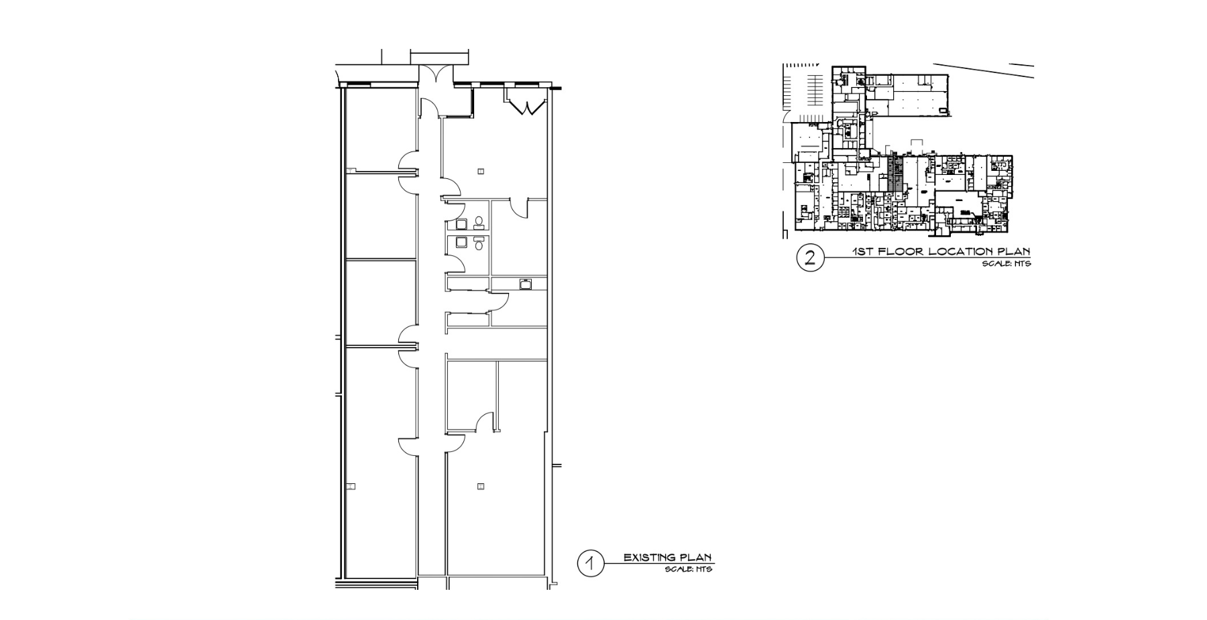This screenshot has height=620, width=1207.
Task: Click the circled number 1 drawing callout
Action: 590,564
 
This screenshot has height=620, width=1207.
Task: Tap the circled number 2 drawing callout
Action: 810,258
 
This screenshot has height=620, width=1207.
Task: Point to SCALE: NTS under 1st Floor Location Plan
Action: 1006,264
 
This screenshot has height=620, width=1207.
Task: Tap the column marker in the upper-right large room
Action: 481,172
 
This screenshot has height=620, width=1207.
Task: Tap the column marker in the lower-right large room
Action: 481,487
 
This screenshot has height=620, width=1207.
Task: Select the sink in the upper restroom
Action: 461,223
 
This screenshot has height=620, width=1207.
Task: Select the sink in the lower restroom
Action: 461,242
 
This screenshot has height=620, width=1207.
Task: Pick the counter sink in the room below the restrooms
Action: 526,284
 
